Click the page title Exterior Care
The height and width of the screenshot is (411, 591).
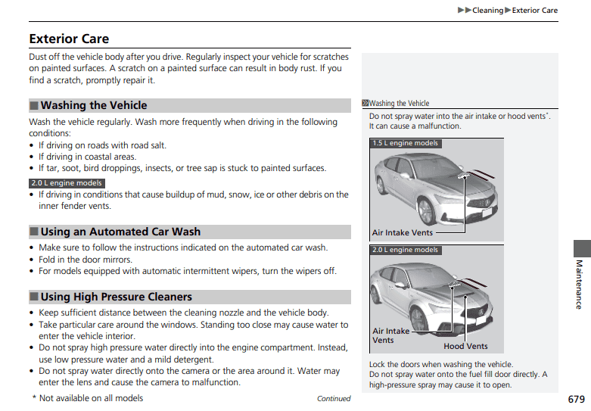pyautogui.click(x=69, y=39)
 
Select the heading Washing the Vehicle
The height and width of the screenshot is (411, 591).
pyautogui.click(x=93, y=105)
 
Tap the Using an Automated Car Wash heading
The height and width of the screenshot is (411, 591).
pyautogui.click(x=120, y=232)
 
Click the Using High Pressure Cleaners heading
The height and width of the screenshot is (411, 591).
pyautogui.click(x=116, y=297)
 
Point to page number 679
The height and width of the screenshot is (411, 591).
pyautogui.click(x=575, y=399)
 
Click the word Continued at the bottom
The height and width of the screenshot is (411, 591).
pyautogui.click(x=334, y=399)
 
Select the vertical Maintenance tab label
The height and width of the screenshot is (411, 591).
pyautogui.click(x=579, y=284)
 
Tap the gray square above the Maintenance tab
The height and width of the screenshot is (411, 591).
pyautogui.click(x=581, y=248)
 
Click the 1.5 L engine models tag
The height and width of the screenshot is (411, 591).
pyautogui.click(x=405, y=143)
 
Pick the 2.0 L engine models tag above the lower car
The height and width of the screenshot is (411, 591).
pyautogui.click(x=405, y=250)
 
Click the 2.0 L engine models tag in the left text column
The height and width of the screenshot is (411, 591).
pyautogui.click(x=67, y=183)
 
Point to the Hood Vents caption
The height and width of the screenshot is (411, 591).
pyautogui.click(x=465, y=347)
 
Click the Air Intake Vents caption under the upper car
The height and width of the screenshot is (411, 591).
pyautogui.click(x=403, y=233)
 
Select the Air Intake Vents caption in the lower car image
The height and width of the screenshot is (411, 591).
pyautogui.click(x=391, y=335)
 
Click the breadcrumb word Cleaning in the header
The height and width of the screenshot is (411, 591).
pyautogui.click(x=487, y=11)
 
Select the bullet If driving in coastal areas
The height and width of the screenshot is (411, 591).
pyautogui.click(x=87, y=157)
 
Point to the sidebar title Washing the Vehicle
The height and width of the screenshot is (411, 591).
pyautogui.click(x=399, y=104)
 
